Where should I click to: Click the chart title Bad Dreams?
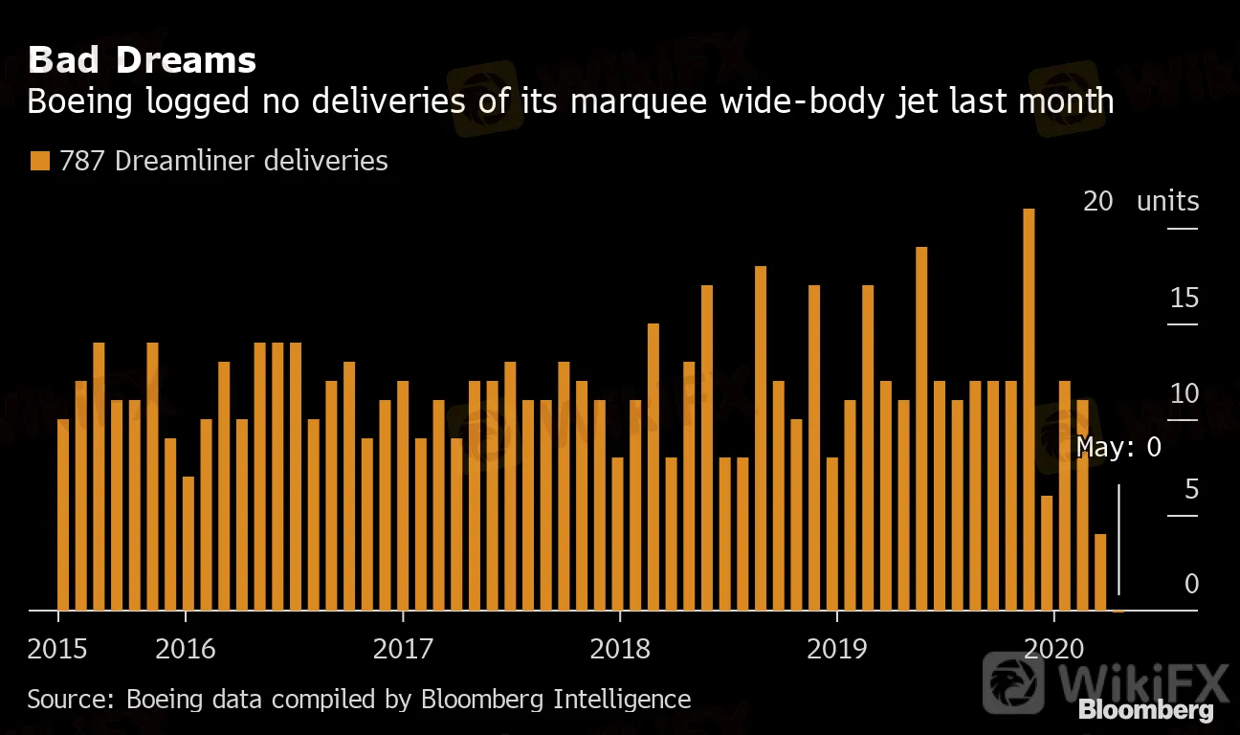click(x=142, y=60)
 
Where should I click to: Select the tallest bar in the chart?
click(x=1029, y=409)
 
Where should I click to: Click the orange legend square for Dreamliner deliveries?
click(x=38, y=161)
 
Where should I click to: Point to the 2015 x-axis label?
click(x=57, y=649)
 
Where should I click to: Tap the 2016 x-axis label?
click(x=185, y=649)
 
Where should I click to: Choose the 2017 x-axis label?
click(x=403, y=649)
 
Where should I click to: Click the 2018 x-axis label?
click(x=620, y=649)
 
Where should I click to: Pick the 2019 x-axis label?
click(x=837, y=649)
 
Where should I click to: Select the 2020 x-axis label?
click(x=1053, y=649)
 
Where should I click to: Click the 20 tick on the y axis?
click(x=1097, y=202)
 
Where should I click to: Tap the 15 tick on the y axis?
click(x=1185, y=299)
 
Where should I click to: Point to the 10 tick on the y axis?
click(x=1185, y=394)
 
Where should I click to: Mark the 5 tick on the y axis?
click(x=1191, y=490)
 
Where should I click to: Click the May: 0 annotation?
click(x=1118, y=447)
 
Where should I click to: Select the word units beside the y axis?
click(x=1167, y=202)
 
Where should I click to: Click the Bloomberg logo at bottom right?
click(x=1146, y=710)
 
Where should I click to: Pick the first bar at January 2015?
click(x=63, y=514)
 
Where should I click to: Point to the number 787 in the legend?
click(x=81, y=161)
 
